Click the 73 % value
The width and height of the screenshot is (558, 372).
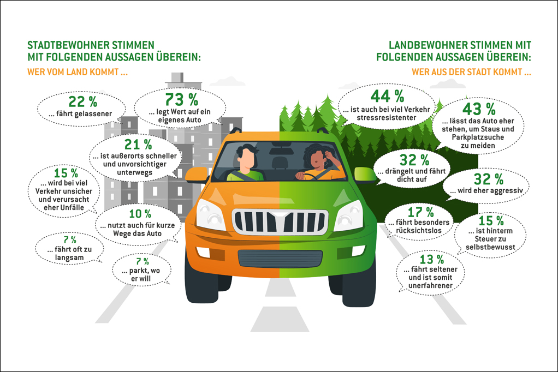point(185,99)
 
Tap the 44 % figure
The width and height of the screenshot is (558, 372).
point(387,97)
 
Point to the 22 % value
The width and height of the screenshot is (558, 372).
point(82,101)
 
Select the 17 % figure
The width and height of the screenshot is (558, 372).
point(422,212)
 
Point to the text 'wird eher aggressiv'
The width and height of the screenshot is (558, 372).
point(486,191)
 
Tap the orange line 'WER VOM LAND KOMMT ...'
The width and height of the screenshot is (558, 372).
point(78,71)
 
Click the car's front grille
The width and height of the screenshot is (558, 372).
point(280,221)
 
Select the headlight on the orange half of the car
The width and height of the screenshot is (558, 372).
point(210,214)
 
